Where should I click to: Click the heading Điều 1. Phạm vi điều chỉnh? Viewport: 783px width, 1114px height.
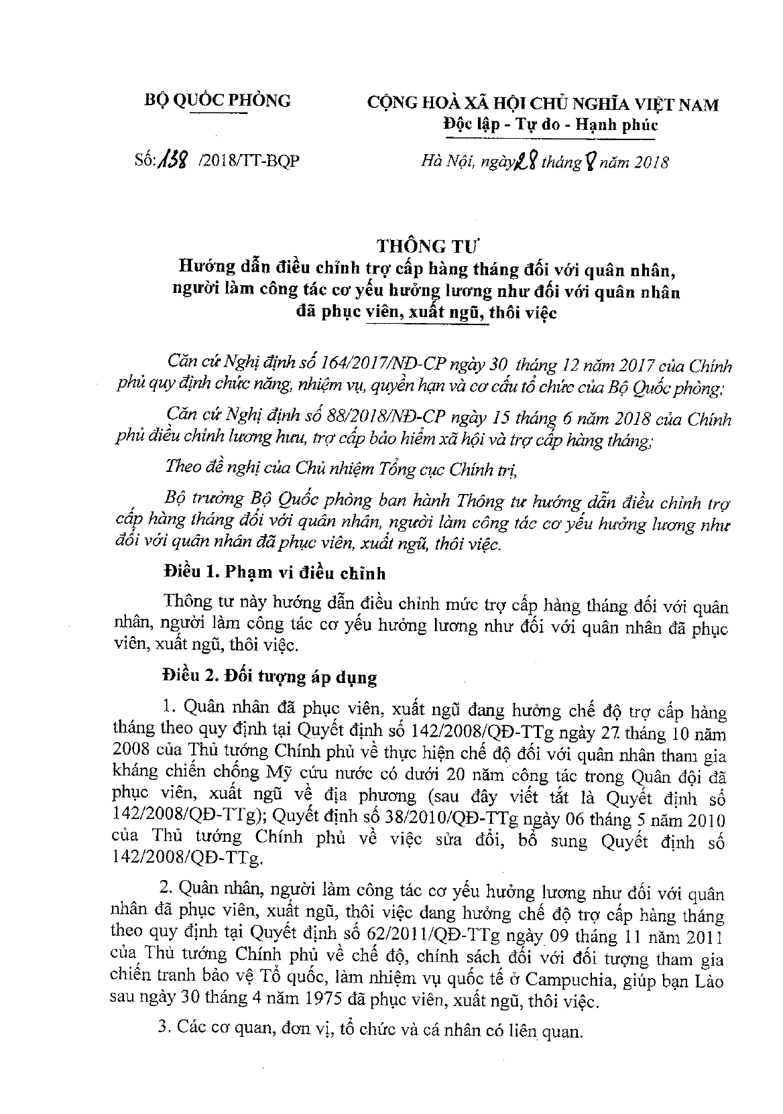(274, 574)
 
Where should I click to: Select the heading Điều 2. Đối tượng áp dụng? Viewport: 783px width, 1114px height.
(270, 678)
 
